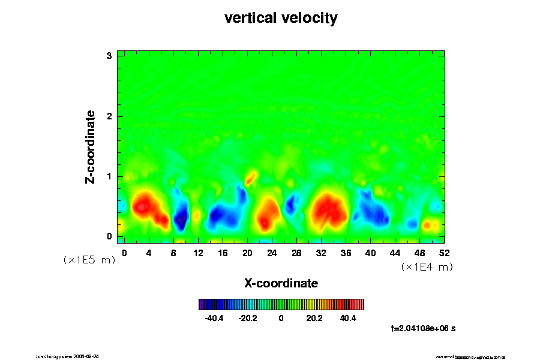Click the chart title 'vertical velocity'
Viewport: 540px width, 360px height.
[281, 18]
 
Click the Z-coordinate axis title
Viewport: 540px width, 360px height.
[91, 146]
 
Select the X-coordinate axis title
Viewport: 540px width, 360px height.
[281, 283]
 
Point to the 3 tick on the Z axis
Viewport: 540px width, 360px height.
[110, 56]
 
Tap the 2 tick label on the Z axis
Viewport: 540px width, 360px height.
[110, 116]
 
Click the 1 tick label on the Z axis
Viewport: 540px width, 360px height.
[110, 176]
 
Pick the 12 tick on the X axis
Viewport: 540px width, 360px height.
[198, 253]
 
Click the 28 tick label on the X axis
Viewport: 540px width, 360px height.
[296, 253]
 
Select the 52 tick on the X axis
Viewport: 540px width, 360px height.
[445, 253]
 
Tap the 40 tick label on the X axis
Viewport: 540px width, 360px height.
[370, 253]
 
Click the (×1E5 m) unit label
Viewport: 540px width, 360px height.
[89, 260]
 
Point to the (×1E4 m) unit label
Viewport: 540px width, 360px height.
[427, 267]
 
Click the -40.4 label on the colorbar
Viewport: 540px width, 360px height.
[214, 318]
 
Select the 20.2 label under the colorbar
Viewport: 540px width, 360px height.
[314, 318]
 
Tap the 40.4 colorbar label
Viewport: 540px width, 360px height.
[348, 318]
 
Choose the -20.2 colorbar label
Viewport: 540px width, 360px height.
[247, 318]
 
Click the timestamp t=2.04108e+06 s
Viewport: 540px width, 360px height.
[423, 328]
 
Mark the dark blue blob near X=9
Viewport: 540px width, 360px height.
[181, 218]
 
